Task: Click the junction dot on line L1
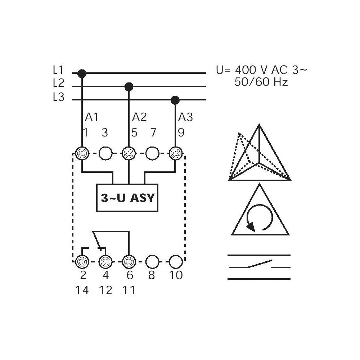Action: [x=82, y=73]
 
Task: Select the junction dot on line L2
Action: [x=129, y=87]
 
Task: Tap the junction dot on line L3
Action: [x=175, y=100]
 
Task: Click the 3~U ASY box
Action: [x=127, y=198]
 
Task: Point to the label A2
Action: [x=139, y=117]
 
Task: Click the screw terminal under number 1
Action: [x=82, y=153]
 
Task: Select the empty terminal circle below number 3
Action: [x=105, y=153]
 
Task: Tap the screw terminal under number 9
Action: [x=175, y=153]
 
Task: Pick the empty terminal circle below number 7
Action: [x=152, y=153]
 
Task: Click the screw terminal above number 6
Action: [x=129, y=261]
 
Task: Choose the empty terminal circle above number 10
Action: [x=176, y=261]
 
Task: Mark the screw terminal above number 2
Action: [x=82, y=261]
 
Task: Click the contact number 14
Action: [x=82, y=290]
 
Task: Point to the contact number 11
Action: [x=129, y=290]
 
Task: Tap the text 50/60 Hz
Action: [x=261, y=82]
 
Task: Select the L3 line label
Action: [x=58, y=97]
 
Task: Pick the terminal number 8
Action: [x=152, y=275]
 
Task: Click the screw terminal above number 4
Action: [x=105, y=261]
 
